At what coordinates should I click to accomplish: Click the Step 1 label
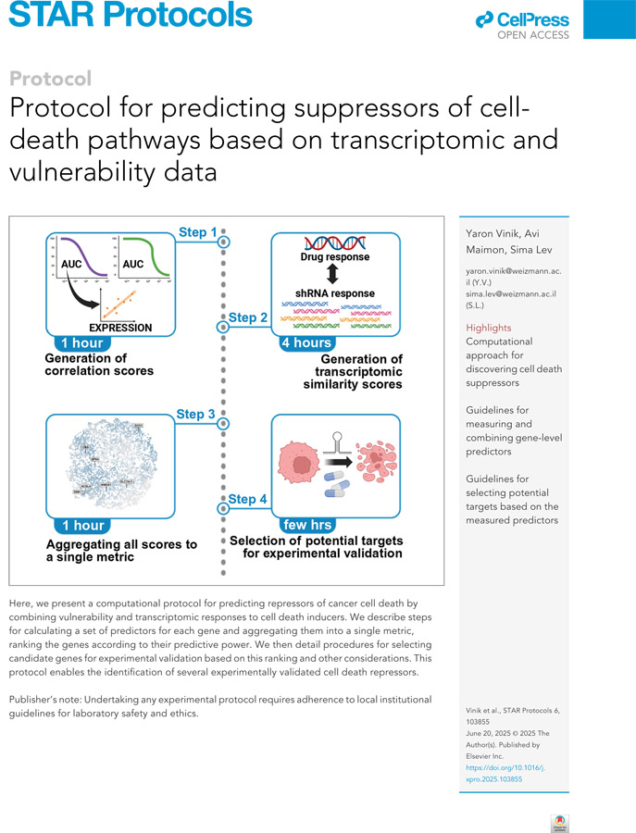[197, 232]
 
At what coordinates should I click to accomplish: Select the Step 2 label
[248, 317]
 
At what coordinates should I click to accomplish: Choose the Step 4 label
[247, 499]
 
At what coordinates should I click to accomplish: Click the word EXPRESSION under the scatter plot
[120, 327]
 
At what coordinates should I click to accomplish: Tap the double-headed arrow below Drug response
[334, 275]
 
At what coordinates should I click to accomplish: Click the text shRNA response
[333, 293]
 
